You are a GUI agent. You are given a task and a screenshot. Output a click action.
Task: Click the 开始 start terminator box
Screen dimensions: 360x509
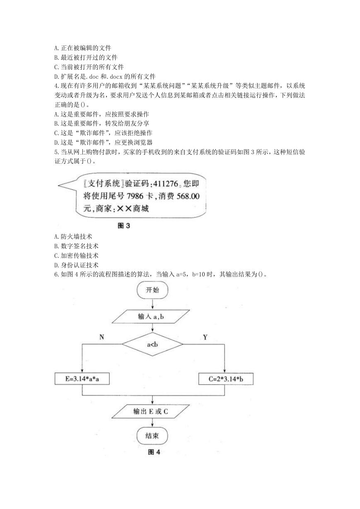(x=152, y=290)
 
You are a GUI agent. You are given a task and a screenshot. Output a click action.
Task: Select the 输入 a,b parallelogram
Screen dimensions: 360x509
(x=150, y=317)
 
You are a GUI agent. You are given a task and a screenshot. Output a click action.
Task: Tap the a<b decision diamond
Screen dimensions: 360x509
(x=152, y=344)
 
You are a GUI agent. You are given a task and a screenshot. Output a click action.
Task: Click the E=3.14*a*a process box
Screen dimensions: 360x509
(x=82, y=379)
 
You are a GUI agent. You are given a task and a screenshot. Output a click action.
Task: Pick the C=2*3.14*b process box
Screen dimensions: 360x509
(x=226, y=379)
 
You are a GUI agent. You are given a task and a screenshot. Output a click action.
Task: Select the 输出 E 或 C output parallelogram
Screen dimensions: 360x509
(x=150, y=411)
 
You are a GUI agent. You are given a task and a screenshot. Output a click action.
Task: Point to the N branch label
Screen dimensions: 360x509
(x=101, y=337)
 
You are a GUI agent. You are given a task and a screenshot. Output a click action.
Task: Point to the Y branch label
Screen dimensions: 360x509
(x=205, y=337)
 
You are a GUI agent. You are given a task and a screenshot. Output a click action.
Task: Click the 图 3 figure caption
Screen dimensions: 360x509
(x=124, y=225)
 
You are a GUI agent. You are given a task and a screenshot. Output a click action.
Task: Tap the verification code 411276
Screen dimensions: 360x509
(x=166, y=184)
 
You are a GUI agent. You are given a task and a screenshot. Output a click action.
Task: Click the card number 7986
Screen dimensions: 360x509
(x=135, y=196)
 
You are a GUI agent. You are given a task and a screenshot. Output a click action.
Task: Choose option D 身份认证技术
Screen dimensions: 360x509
(x=76, y=265)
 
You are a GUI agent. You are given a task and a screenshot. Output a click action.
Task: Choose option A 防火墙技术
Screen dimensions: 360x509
(x=73, y=237)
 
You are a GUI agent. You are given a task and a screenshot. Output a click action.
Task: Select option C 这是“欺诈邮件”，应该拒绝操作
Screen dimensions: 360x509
(x=103, y=133)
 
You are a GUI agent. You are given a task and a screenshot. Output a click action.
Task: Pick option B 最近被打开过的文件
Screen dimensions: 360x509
(x=86, y=58)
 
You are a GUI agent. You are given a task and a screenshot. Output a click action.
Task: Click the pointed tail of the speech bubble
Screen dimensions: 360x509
(x=58, y=185)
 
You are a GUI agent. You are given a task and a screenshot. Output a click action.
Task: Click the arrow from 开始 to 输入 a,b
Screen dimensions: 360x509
(x=152, y=304)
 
